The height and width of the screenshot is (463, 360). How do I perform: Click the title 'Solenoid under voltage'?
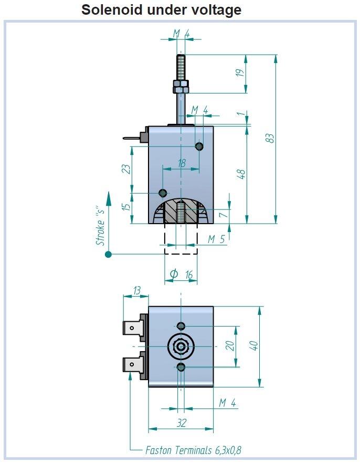tap(161, 9)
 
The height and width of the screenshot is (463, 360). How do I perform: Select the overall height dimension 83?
tap(269, 138)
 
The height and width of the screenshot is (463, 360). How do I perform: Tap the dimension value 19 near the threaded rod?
tap(241, 73)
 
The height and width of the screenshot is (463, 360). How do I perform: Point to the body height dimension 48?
tap(241, 174)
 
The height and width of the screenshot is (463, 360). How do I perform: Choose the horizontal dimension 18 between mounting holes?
tap(182, 163)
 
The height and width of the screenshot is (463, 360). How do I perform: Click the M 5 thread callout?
tap(216, 239)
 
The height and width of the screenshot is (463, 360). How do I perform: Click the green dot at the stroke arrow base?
tap(108, 255)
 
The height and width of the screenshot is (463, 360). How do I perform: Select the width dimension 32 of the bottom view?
tap(182, 423)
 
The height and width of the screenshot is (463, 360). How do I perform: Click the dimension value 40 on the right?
tap(254, 346)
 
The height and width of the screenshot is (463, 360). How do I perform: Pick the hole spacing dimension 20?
tap(229, 346)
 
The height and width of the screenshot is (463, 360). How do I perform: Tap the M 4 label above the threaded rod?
tap(181, 34)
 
